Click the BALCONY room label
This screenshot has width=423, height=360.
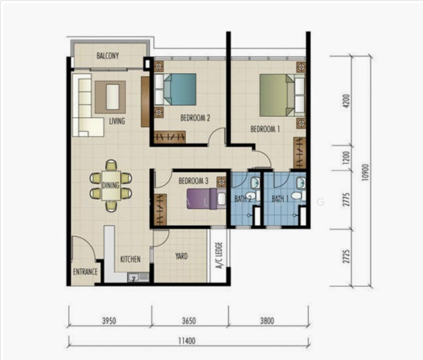click(x=107, y=56)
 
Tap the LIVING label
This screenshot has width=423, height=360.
click(x=117, y=121)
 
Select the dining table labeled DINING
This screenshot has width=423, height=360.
click(x=111, y=185)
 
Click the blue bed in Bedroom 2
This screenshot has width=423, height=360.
click(x=176, y=89)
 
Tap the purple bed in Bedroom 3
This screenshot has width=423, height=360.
click(x=206, y=199)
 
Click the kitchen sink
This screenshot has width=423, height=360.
click(x=138, y=277)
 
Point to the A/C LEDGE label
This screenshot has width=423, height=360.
click(x=219, y=255)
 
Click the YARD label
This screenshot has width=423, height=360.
click(x=181, y=256)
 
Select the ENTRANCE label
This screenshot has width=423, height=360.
click(x=85, y=272)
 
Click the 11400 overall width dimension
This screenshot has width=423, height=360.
click(x=187, y=341)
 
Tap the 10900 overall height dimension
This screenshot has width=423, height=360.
click(x=365, y=172)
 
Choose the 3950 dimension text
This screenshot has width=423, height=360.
click(x=109, y=321)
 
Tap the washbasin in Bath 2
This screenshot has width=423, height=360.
click(x=254, y=182)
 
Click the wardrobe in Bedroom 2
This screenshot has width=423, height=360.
click(x=170, y=137)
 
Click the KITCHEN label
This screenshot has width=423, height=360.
click(x=130, y=259)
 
